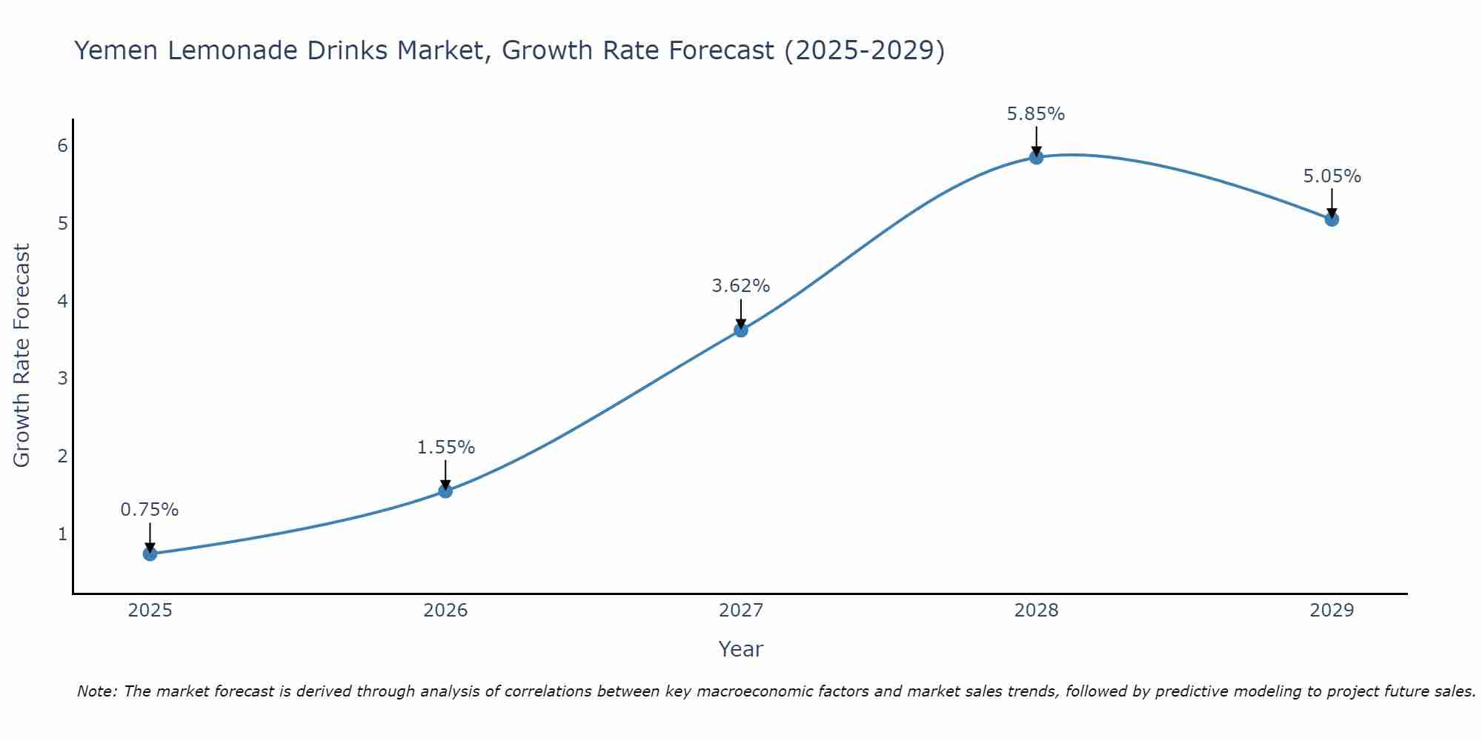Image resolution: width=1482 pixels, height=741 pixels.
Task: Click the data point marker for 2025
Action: (150, 554)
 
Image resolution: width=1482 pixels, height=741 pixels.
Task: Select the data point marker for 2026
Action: (445, 491)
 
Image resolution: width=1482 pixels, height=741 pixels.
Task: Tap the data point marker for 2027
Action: (741, 330)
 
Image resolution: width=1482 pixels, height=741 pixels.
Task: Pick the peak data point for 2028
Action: (1036, 157)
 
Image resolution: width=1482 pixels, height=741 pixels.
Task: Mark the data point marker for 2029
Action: (1332, 219)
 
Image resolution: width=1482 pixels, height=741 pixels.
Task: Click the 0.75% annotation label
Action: (150, 510)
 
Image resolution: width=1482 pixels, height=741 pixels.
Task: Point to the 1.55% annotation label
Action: (445, 448)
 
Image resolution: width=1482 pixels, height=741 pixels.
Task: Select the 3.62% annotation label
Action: (741, 286)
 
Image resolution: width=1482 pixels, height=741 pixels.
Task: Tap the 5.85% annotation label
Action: (1036, 114)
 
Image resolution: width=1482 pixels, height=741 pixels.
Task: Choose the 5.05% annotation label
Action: (1332, 176)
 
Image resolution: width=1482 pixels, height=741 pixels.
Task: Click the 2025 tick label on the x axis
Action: (150, 611)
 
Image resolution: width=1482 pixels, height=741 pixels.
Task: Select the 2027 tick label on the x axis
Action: (741, 611)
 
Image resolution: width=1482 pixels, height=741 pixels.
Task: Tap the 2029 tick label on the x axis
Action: (1332, 611)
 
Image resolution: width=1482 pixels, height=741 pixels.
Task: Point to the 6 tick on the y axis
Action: (62, 146)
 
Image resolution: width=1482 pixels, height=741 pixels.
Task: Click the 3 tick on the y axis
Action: (62, 379)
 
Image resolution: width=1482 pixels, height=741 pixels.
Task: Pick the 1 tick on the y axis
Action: (62, 534)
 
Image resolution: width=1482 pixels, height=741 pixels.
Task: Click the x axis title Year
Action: (740, 649)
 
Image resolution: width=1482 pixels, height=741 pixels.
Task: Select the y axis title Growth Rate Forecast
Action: (22, 356)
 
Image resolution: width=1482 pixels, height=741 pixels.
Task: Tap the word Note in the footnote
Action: (96, 691)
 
